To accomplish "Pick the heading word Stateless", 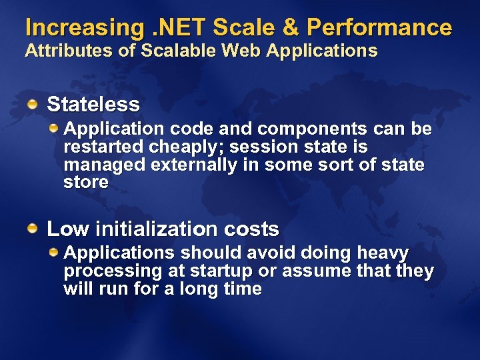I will (93, 105).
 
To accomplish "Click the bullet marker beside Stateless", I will (33, 103).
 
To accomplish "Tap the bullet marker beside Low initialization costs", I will (33, 229).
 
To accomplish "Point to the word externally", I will (193, 165).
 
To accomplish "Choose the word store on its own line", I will (86, 183).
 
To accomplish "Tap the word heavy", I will (383, 253).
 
